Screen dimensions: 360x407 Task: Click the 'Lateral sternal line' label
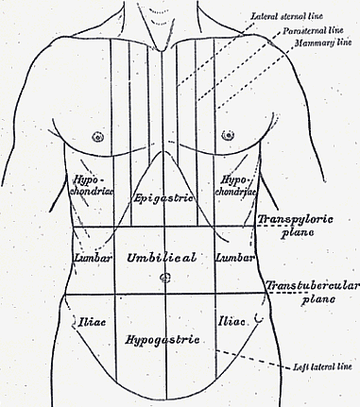[x=287, y=16]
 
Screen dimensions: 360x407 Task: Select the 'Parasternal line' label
[x=313, y=31]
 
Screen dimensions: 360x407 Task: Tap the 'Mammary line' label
[x=323, y=43]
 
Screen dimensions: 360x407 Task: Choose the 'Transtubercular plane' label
[x=313, y=292]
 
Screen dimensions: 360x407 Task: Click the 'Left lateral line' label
[x=322, y=367]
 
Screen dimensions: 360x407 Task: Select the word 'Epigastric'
[x=163, y=198]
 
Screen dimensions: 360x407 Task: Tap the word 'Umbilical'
[x=161, y=258]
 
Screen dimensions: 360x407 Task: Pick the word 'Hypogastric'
[x=162, y=340]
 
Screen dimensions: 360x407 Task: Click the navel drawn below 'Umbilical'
[x=165, y=277]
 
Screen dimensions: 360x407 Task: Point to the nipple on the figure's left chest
[x=228, y=135]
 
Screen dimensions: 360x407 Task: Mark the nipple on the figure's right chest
[x=98, y=136]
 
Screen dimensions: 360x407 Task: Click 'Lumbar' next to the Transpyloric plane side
[x=235, y=258]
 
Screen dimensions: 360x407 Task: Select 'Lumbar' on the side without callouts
[x=92, y=258]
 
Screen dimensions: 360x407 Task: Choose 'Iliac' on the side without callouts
[x=92, y=322]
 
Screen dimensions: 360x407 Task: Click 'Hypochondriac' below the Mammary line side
[x=235, y=186]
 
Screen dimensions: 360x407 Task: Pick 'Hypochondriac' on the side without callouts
[x=92, y=185]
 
